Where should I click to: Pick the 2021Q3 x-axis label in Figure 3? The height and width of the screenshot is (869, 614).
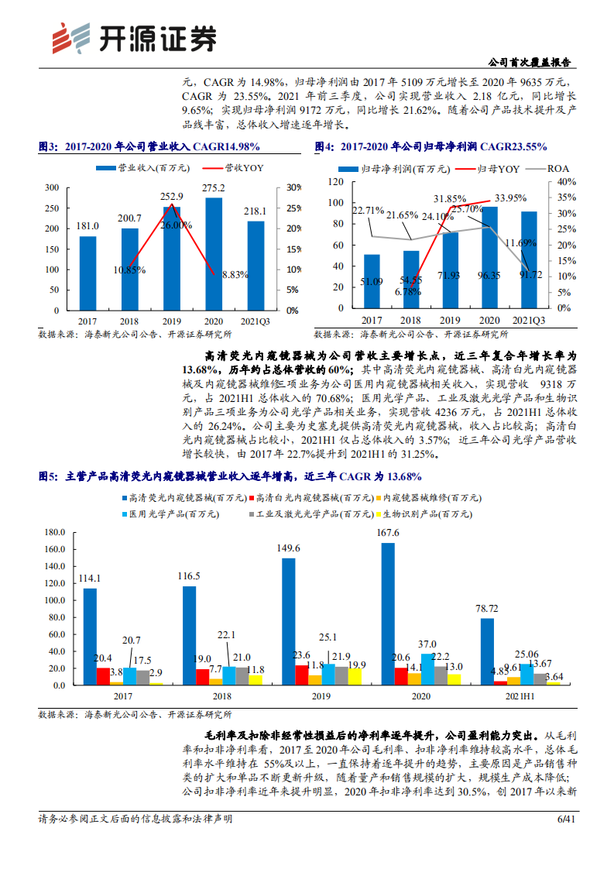click(x=256, y=319)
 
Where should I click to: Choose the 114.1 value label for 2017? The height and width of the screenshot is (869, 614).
click(x=91, y=578)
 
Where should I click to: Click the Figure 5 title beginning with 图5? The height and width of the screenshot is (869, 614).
click(x=230, y=477)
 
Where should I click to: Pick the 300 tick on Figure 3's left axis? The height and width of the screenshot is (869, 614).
click(x=51, y=187)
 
